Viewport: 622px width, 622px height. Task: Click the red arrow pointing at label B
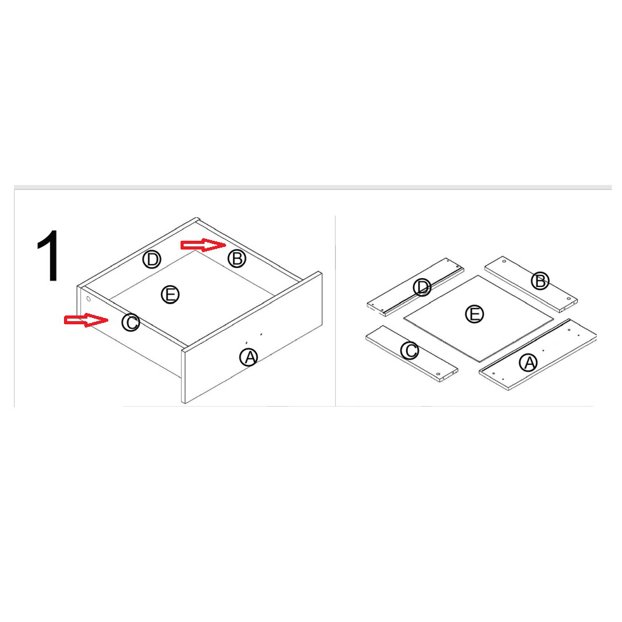(x=203, y=245)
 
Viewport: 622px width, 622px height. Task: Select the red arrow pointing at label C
(x=86, y=320)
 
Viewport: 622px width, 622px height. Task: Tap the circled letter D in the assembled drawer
(x=151, y=260)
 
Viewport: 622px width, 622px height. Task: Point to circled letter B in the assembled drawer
(x=237, y=258)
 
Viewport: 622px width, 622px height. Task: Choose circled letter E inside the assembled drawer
(x=170, y=295)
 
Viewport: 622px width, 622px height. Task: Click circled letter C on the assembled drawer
(x=130, y=322)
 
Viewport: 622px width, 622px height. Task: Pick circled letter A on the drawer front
(x=249, y=357)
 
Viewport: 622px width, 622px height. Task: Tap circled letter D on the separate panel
(x=422, y=287)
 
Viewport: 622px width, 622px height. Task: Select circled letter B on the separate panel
(x=540, y=281)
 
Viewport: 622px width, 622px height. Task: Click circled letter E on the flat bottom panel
(x=474, y=314)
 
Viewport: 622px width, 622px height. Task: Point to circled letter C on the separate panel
(x=409, y=351)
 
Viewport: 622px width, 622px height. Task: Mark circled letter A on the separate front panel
(x=528, y=362)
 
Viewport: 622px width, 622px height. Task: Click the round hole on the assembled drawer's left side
(x=89, y=299)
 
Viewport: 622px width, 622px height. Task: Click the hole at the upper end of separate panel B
(x=504, y=262)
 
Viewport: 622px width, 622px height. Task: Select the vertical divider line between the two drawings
(x=335, y=310)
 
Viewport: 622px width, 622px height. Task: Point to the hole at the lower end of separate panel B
(x=568, y=299)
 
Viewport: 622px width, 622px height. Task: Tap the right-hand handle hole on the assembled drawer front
(x=261, y=334)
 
